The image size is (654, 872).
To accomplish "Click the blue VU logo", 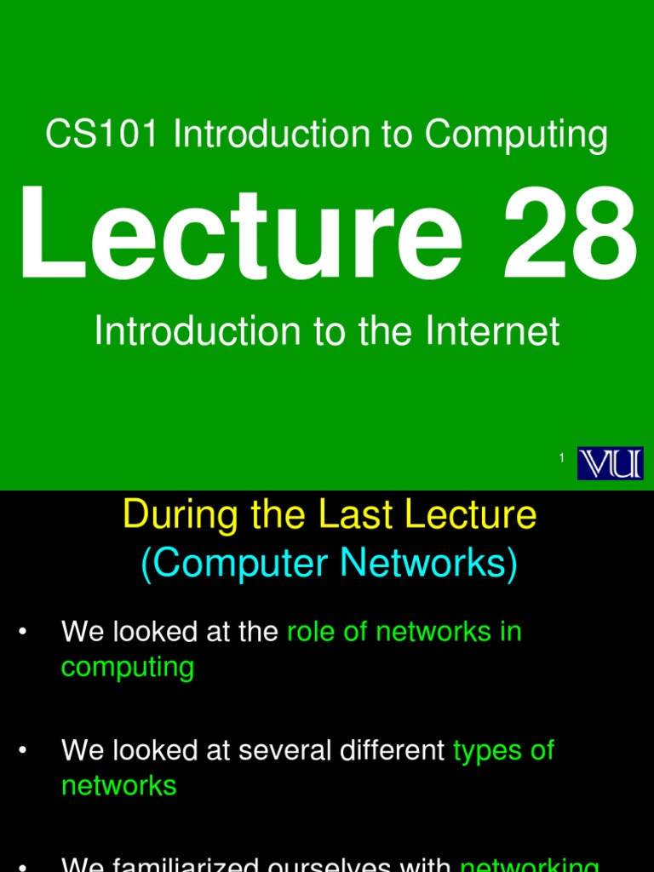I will pyautogui.click(x=610, y=463).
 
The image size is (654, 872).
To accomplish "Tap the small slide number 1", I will pyautogui.click(x=562, y=459).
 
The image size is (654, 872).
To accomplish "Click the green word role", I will pyautogui.click(x=311, y=632).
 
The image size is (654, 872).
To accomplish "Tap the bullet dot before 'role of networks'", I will pyautogui.click(x=23, y=632).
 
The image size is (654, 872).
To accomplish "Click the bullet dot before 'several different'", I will pyautogui.click(x=23, y=750).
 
